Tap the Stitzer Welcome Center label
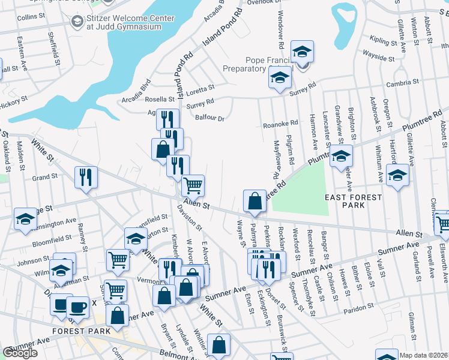click(130, 18)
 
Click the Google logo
click(20, 353)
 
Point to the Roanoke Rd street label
click(280, 124)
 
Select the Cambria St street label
click(402, 82)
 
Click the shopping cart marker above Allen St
click(193, 185)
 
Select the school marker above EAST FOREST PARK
click(341, 156)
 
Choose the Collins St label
click(28, 17)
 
